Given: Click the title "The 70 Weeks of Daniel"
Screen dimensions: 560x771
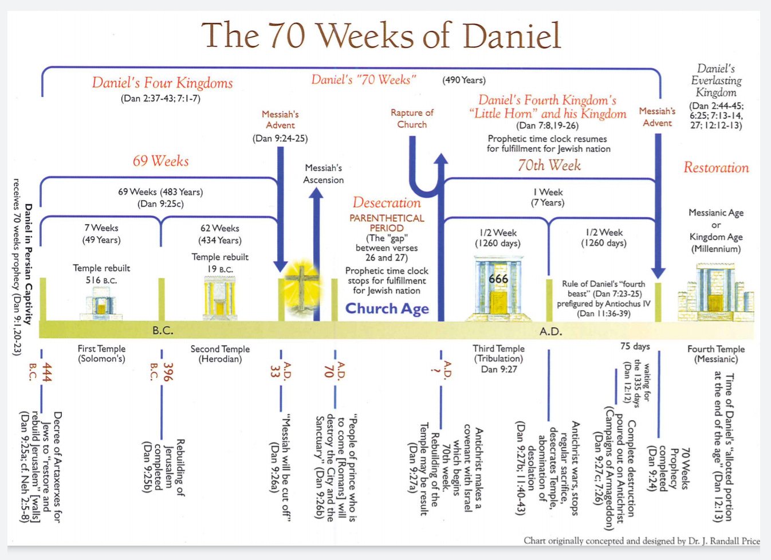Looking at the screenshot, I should point(381,36).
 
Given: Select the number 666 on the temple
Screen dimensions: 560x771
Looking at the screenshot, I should point(498,279).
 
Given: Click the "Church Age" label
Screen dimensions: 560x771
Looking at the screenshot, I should point(387,308).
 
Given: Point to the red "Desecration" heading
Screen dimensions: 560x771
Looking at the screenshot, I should point(387,203).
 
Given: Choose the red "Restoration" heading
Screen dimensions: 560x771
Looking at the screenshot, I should point(716,167).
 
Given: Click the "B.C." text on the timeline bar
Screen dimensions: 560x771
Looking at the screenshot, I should point(163,331).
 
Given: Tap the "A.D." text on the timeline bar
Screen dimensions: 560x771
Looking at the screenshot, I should point(550,331).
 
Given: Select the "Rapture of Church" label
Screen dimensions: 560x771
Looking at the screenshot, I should point(412,119).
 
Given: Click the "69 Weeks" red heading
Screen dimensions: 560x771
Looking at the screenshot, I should point(160,161).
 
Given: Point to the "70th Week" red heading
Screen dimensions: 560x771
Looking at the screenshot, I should point(549,166).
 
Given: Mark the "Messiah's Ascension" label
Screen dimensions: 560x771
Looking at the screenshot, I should point(324,174).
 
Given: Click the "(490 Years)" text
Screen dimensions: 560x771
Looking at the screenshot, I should point(464,80).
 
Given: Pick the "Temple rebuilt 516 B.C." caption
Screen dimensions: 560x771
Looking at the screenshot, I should point(101,274).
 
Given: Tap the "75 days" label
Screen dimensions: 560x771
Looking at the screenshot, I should point(635,346).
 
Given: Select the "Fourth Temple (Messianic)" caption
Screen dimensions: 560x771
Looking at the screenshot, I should point(716,354).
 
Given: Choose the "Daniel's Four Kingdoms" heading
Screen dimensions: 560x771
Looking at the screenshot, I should point(162,83).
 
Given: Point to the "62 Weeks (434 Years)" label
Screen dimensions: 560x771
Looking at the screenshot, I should point(220,234).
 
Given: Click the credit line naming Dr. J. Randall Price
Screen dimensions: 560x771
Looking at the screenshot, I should point(642,541).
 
